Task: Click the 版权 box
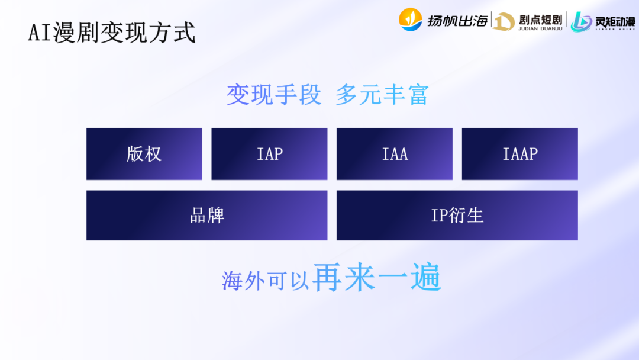(144, 154)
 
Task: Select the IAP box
(269, 154)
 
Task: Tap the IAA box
(395, 154)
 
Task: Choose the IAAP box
(519, 154)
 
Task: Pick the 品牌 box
(206, 216)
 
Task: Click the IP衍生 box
(457, 216)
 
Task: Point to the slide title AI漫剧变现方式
(112, 33)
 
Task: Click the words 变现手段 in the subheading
(274, 95)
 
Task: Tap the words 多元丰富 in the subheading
(382, 95)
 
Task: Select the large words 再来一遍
(377, 277)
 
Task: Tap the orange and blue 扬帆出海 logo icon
(411, 20)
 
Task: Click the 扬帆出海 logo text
(457, 21)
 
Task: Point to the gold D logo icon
(504, 21)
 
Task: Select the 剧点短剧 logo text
(540, 18)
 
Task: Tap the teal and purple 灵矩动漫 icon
(581, 21)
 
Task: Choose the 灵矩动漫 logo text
(615, 21)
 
